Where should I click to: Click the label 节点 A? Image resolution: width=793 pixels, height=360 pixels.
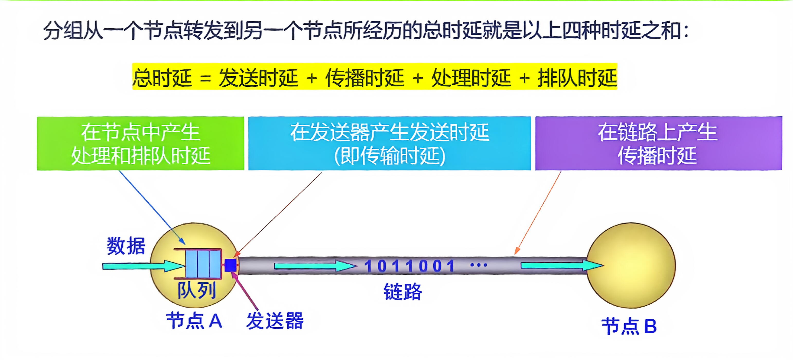(x=194, y=321)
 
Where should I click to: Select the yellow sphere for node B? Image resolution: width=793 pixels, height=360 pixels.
(x=631, y=246)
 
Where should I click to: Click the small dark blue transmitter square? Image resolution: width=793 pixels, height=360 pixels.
(x=230, y=265)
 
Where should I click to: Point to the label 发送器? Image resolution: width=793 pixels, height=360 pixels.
(x=275, y=321)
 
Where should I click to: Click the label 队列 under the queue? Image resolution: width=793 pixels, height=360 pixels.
(x=197, y=290)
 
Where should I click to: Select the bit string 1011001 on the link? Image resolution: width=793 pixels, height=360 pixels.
(x=409, y=266)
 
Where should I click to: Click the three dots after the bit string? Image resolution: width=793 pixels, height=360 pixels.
(x=479, y=265)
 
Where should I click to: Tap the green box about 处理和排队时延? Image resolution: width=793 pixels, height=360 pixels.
(x=140, y=143)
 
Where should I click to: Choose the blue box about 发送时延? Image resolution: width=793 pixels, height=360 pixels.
(x=389, y=143)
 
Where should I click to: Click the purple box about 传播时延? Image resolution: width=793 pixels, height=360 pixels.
(x=659, y=143)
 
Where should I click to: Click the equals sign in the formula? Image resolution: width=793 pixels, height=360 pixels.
(x=205, y=78)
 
